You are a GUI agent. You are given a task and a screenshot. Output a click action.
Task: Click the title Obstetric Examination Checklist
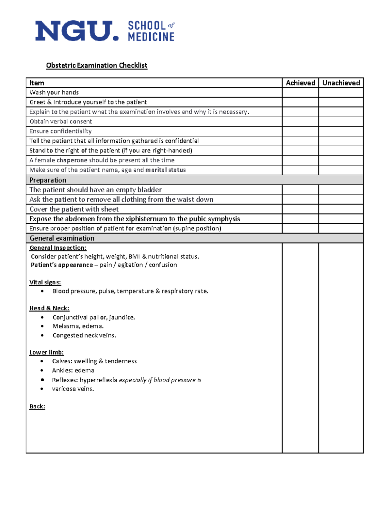coord(97,65)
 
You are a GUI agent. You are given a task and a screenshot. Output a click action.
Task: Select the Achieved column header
coord(300,83)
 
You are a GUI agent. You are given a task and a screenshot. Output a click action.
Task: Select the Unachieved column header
coord(341,83)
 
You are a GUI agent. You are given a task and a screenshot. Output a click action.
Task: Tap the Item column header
coord(37,83)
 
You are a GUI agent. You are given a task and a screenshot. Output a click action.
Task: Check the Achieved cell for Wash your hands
coord(300,92)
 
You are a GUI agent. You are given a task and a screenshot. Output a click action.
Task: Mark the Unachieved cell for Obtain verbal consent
coord(341,121)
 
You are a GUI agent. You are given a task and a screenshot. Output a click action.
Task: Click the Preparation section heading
coord(48,180)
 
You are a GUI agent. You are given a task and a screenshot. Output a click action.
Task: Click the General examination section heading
coord(62,238)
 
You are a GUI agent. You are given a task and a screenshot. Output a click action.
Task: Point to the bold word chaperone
coord(72,160)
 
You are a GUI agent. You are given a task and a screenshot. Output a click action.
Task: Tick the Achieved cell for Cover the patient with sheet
coord(300,209)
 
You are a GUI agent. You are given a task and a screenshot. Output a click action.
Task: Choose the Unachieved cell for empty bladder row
coord(341,190)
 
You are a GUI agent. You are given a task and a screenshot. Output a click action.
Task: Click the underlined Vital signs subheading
coord(45,282)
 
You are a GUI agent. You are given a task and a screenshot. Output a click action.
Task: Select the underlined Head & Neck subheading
coord(49,308)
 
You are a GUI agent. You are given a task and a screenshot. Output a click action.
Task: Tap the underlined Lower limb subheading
coord(46,353)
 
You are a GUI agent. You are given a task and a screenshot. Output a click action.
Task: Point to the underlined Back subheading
coord(37,406)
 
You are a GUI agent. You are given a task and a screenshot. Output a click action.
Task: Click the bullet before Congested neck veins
coord(42,335)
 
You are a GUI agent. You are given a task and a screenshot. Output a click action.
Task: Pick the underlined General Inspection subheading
coord(58,248)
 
